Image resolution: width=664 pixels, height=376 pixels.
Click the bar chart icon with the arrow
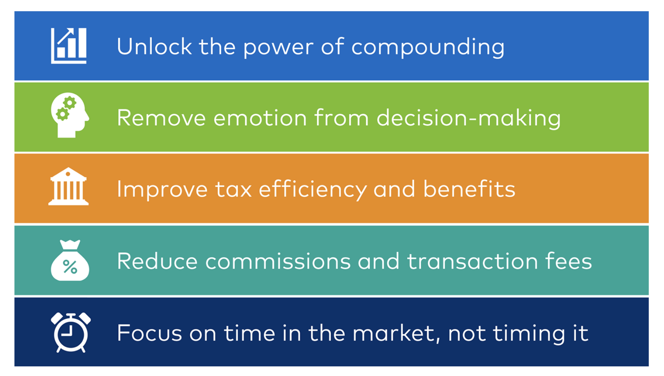[69, 46]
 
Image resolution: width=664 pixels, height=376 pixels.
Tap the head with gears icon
[70, 115]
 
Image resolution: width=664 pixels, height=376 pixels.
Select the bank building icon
[68, 186]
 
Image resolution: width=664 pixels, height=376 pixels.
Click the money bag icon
[70, 260]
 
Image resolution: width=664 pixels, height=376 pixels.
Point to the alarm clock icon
[70, 332]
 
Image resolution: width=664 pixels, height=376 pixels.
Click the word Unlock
[154, 46]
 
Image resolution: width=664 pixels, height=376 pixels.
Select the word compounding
[428, 47]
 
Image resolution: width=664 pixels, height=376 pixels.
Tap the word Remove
[161, 118]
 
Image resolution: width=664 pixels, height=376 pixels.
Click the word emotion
[260, 118]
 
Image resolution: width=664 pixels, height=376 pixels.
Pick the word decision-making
[468, 118]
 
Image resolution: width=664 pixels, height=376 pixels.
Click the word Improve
[162, 190]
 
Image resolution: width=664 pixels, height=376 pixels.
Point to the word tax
[233, 190]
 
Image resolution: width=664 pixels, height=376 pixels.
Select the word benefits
[469, 188]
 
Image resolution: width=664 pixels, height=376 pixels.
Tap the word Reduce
[157, 261]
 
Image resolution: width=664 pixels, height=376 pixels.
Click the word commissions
[278, 261]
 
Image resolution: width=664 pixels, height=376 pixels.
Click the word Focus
[149, 333]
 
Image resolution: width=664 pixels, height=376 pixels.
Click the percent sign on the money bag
[70, 267]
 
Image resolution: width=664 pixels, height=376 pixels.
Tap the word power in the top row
[278, 48]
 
